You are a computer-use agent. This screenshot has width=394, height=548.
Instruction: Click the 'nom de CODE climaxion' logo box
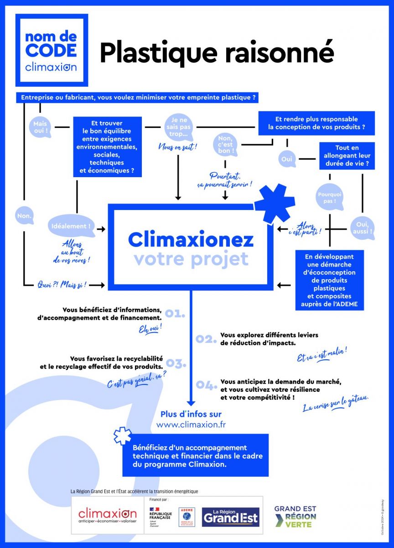click(x=52, y=50)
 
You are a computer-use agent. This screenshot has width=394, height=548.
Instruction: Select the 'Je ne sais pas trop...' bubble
click(x=178, y=127)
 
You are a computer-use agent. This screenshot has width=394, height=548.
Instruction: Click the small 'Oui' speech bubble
click(x=287, y=159)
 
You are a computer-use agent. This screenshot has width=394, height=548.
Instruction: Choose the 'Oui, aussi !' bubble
click(x=362, y=227)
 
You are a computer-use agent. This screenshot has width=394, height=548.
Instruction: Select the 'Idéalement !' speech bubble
click(x=71, y=227)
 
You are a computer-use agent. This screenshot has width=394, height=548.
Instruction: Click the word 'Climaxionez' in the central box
click(x=191, y=239)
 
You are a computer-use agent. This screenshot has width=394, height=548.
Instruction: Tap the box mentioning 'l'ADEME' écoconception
click(x=329, y=280)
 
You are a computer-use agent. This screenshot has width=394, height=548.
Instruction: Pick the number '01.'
click(x=175, y=313)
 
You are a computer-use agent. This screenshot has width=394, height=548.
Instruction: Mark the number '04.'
click(x=206, y=385)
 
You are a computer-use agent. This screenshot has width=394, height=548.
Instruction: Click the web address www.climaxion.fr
click(x=191, y=424)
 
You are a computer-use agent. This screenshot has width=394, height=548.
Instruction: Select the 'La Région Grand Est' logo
click(x=230, y=517)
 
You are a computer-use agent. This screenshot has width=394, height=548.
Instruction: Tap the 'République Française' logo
click(x=160, y=516)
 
